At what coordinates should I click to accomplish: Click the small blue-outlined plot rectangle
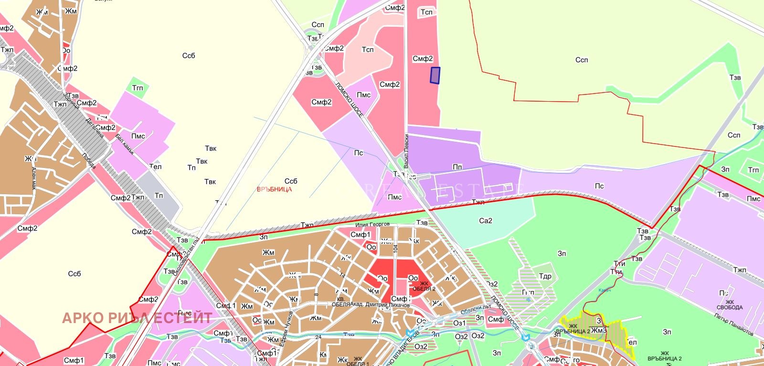(x=435, y=75)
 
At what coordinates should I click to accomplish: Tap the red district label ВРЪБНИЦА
(x=274, y=189)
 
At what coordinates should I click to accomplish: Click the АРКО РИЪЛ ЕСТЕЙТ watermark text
(x=137, y=318)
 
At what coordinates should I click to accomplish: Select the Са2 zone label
(x=485, y=221)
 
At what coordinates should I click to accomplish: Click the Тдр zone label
(x=545, y=276)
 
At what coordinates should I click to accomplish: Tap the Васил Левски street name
(x=406, y=151)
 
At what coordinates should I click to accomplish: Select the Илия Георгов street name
(x=372, y=224)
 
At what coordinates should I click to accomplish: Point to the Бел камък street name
(x=125, y=145)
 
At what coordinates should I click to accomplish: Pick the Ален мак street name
(x=34, y=178)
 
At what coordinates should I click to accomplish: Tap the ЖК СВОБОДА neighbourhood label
(x=730, y=304)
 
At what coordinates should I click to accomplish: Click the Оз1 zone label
(x=459, y=323)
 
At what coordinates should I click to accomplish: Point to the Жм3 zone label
(x=599, y=330)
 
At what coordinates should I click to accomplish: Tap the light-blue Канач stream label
(x=605, y=290)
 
